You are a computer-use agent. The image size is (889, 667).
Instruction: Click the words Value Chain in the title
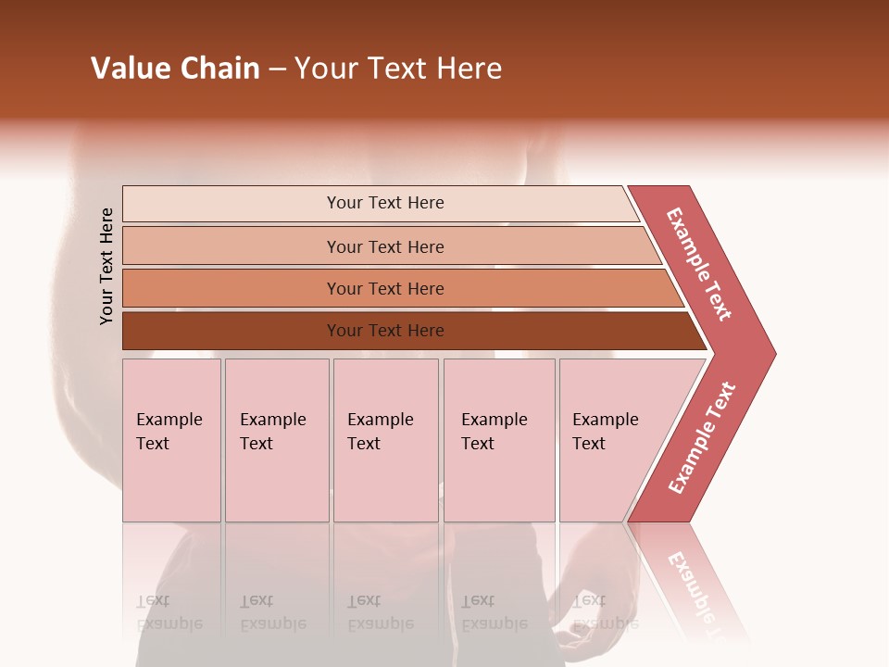coord(175,69)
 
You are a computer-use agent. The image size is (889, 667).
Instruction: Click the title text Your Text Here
coord(398,69)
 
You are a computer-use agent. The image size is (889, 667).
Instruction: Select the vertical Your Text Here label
coord(106,267)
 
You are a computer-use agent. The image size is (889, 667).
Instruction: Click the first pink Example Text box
coord(171,440)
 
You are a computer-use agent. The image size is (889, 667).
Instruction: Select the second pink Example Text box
coord(276,440)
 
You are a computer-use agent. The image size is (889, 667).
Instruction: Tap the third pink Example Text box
coord(385,440)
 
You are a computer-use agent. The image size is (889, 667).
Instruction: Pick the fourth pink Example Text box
coord(498,440)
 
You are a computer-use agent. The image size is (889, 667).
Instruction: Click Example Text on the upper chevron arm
coord(699,265)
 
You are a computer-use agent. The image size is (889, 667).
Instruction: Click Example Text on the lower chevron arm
coord(702,438)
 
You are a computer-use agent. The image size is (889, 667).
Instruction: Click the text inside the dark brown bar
coord(385,331)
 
